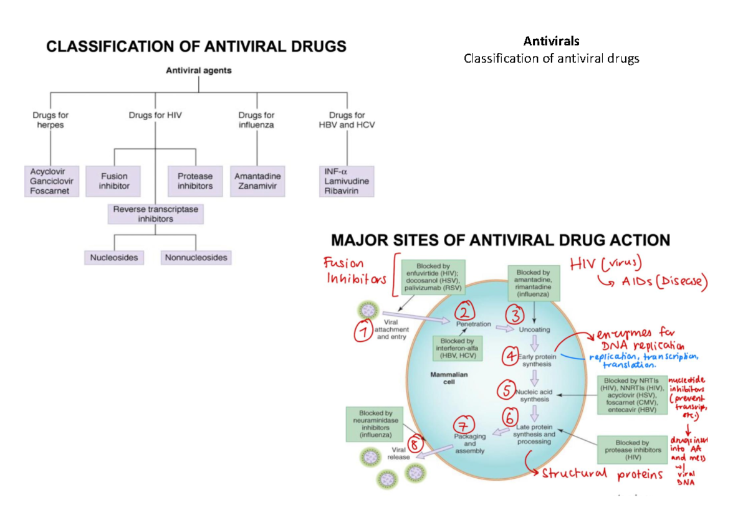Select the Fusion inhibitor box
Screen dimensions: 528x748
tap(115, 181)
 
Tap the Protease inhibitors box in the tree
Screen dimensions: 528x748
tap(195, 181)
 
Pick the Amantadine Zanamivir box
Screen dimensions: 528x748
tap(257, 181)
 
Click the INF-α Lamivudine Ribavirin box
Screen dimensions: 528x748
tap(347, 181)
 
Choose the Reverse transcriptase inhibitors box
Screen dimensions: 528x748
tap(156, 214)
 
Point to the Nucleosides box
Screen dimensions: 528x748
tap(114, 257)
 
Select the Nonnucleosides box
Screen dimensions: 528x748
tap(196, 257)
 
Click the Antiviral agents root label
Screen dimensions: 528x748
tap(198, 70)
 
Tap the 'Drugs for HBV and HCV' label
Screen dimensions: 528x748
tap(347, 120)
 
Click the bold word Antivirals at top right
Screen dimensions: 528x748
tap(551, 42)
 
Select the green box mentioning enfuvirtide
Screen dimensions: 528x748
tap(430, 278)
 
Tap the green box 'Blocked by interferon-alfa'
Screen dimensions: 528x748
tap(457, 349)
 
